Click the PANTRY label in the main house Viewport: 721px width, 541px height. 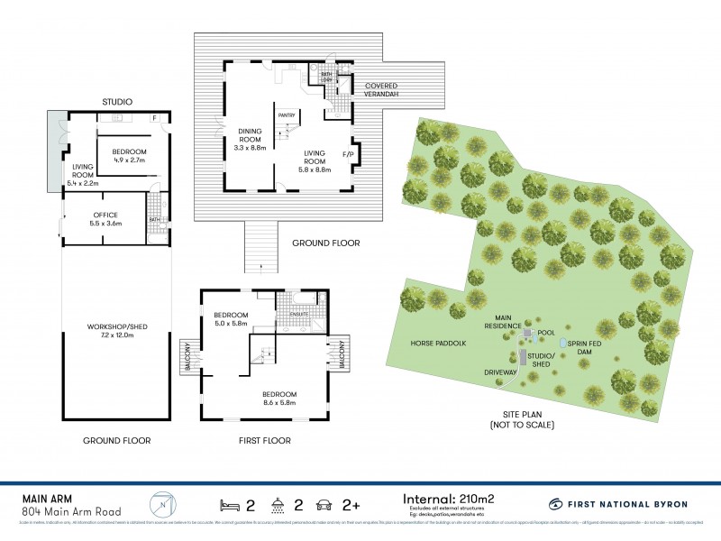coord(287,115)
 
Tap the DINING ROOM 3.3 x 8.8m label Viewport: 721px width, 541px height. coord(249,140)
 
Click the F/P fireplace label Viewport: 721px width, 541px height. coord(348,155)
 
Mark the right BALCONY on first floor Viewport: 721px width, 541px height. coord(342,355)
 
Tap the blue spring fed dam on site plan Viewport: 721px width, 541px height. coord(564,344)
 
